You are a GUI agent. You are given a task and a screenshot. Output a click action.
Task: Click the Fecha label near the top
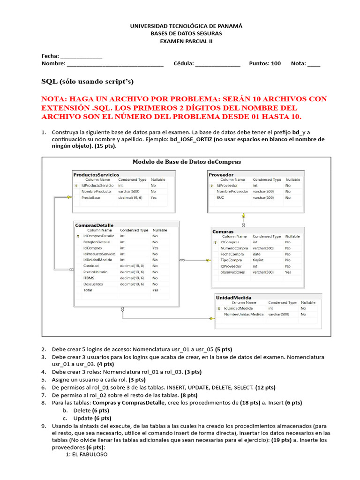click(x=50, y=56)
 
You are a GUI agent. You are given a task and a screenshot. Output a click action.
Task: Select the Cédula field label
click(x=183, y=63)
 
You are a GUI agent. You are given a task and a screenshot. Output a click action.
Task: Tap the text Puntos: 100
click(x=265, y=63)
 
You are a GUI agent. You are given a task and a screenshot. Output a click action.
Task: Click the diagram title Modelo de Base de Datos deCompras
click(x=187, y=162)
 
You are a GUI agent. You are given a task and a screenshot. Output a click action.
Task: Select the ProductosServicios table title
click(x=96, y=175)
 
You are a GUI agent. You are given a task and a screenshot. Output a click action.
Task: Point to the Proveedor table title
click(x=221, y=175)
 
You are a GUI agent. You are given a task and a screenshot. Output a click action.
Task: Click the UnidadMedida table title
click(x=233, y=298)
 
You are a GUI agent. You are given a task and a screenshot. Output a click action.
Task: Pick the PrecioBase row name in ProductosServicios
click(x=90, y=198)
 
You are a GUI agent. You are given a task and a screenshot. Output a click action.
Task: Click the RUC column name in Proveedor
click(x=220, y=198)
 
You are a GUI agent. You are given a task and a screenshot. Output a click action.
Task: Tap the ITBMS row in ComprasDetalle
click(x=89, y=278)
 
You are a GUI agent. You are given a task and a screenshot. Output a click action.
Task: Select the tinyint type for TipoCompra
click(x=258, y=260)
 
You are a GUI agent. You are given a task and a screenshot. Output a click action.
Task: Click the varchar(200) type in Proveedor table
click(x=263, y=198)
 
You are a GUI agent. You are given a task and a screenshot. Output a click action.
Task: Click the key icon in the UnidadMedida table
click(x=219, y=308)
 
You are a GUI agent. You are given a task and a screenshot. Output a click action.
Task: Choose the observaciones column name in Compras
click(x=232, y=272)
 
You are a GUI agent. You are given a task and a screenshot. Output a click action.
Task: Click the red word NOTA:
click(x=55, y=99)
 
